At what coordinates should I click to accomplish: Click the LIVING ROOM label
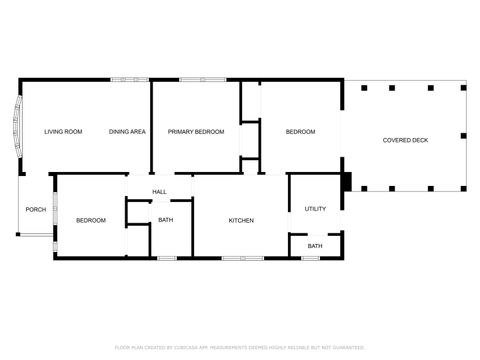tap(63, 132)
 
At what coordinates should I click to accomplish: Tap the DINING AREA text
tap(128, 132)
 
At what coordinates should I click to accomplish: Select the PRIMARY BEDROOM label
tap(195, 132)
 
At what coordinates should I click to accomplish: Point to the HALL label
tap(159, 191)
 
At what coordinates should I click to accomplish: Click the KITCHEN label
tap(241, 220)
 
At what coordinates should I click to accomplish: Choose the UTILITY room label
tap(315, 209)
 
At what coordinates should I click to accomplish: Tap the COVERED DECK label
tap(405, 140)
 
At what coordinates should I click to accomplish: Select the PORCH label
tap(36, 209)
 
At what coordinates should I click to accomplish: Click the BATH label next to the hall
tap(165, 220)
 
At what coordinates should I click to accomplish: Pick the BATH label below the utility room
tap(315, 246)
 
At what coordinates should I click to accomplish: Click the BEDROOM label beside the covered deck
tap(300, 132)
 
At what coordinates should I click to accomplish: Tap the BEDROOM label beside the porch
tap(91, 220)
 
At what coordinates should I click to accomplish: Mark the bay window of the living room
tap(16, 128)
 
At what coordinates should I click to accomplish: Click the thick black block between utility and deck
tap(346, 182)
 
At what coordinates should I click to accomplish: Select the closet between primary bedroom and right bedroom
tap(249, 138)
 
